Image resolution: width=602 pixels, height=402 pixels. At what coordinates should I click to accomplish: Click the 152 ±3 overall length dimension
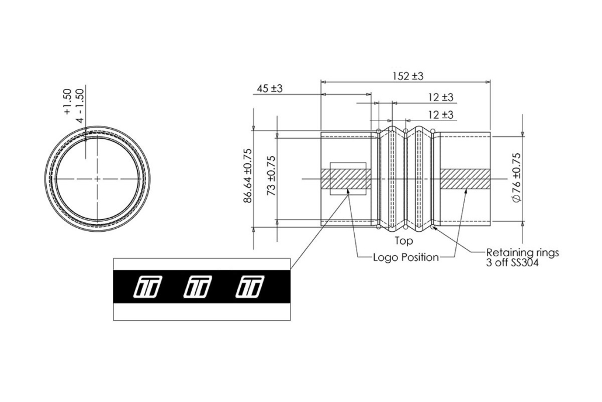point(408,76)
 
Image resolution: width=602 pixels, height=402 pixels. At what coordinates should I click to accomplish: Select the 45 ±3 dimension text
point(269,88)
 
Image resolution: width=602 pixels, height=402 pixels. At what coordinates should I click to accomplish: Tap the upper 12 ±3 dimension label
point(440,97)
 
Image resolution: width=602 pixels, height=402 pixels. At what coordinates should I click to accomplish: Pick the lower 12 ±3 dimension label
point(440,115)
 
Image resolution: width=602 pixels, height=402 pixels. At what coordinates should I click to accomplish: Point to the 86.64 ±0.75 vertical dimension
point(248,176)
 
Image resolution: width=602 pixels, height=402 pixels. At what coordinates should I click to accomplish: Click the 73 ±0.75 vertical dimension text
point(272,176)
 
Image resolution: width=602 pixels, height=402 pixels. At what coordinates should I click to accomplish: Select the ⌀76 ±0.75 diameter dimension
point(517,177)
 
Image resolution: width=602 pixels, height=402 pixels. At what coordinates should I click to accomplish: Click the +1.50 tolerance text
point(67,102)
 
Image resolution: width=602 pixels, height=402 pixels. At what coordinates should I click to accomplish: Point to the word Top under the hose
point(404,241)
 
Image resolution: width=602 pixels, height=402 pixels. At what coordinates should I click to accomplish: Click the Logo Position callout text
point(406,257)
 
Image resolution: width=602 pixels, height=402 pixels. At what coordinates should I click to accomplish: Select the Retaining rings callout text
point(523,253)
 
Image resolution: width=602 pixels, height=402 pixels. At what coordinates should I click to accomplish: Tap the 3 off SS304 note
point(512,263)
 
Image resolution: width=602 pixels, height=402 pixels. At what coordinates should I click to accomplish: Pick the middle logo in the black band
point(198,287)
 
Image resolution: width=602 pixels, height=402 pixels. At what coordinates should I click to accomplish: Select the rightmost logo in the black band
point(250,287)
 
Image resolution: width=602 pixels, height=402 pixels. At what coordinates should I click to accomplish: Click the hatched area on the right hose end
point(465,179)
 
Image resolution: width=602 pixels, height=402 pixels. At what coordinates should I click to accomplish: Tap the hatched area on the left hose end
point(345,179)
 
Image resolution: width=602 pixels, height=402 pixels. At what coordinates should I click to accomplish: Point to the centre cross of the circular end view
point(98,178)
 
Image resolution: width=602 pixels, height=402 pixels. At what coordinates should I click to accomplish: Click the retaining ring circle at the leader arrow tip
point(433,228)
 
